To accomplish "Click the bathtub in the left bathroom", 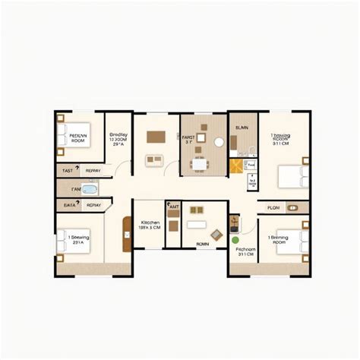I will (90, 189).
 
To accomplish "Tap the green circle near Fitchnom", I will (236, 240).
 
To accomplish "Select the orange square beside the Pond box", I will (236, 167).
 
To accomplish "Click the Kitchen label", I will (149, 223).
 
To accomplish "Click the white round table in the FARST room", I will (219, 142).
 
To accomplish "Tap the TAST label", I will (68, 172).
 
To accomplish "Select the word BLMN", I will (242, 128).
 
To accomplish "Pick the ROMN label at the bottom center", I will (202, 244).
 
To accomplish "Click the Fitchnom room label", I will (245, 251).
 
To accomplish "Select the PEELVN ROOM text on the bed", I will (77, 137).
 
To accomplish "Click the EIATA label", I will (69, 204).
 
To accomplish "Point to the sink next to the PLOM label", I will (293, 207).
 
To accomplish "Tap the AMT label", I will (174, 207).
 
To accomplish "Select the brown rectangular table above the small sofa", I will (156, 138).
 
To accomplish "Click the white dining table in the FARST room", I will (199, 163).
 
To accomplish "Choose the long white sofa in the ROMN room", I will (196, 226).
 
